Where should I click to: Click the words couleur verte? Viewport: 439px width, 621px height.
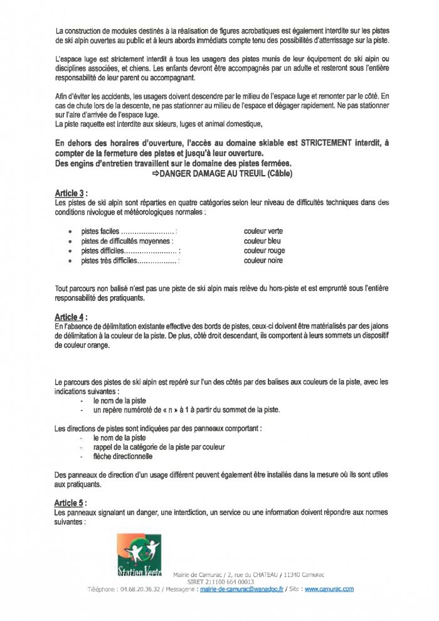263,231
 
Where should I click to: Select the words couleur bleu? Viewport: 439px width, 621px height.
262,241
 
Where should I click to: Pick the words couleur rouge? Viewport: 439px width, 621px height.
264,250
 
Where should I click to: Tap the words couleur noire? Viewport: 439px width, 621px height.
263,260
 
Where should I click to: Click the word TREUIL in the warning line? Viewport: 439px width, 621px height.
246,174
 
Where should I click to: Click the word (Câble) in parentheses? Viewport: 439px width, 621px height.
277,174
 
